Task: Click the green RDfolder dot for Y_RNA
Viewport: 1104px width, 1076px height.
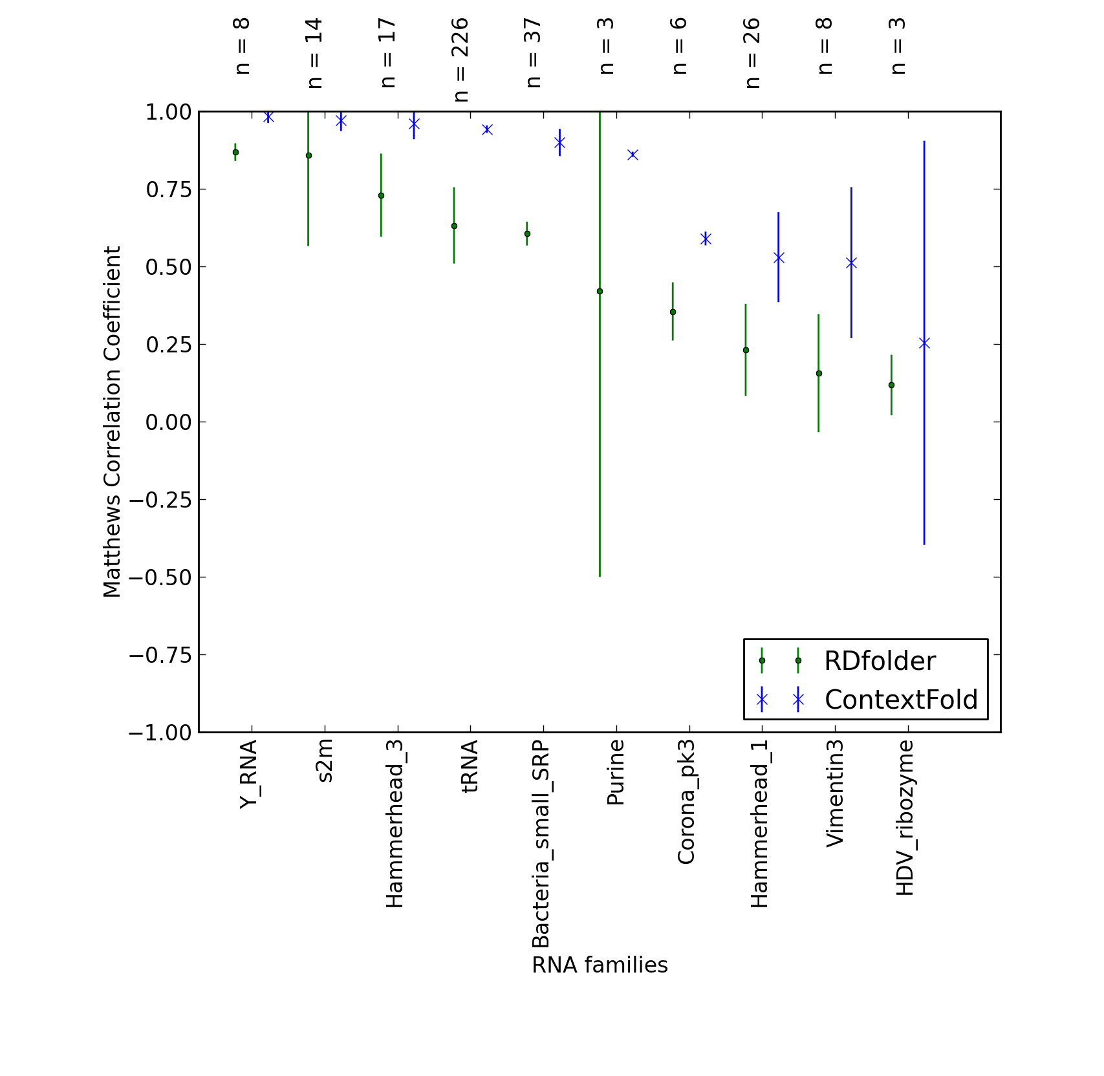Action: coord(235,153)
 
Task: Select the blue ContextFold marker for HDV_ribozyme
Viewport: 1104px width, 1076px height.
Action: coord(924,343)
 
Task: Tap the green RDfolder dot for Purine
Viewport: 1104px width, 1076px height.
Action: coord(600,292)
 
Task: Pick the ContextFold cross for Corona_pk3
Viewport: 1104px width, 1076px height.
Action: coord(706,239)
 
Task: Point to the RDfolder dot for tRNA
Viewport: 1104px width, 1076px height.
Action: coord(454,226)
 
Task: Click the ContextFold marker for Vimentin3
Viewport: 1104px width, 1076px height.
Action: coord(851,263)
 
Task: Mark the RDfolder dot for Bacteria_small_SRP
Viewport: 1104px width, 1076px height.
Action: coord(527,233)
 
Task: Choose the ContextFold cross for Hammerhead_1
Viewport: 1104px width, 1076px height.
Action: coord(779,257)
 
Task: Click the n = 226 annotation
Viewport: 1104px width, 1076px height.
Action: coord(460,60)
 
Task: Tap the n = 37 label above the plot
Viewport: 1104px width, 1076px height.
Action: coord(534,53)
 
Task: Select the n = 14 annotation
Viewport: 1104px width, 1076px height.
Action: coord(315,53)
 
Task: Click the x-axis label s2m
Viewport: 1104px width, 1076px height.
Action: coord(325,761)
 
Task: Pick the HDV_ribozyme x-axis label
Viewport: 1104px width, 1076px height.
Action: coord(905,817)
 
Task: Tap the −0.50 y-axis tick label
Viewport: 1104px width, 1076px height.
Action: coord(160,577)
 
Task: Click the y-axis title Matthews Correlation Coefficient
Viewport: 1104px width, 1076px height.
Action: coord(112,422)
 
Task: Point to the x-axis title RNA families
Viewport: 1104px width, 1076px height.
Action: coord(600,965)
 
